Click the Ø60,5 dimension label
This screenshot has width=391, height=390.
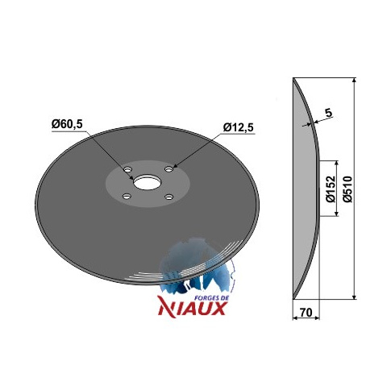pos(67,124)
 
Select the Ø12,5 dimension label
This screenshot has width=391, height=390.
pos(238,127)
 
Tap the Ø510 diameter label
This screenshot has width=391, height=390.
pos(347,189)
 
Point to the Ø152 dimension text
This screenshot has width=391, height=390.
pos(331,189)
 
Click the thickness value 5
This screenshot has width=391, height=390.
pos(328,113)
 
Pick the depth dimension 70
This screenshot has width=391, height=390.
pos(306,313)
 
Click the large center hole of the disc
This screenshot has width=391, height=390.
pos(147,183)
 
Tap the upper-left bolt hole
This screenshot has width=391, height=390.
pos(127,170)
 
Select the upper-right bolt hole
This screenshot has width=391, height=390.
pos(168,169)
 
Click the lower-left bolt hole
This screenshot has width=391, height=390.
pos(126,197)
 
